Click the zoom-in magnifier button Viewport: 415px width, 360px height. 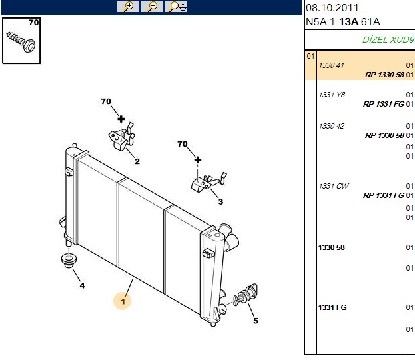click(x=128, y=7)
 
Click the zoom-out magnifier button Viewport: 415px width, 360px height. click(x=152, y=7)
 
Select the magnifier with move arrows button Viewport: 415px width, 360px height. click(x=176, y=7)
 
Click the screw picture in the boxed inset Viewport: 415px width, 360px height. click(x=21, y=42)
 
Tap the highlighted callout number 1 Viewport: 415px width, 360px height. click(x=123, y=301)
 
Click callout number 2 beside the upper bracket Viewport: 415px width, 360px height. click(x=137, y=161)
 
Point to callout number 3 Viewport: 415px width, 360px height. click(x=220, y=201)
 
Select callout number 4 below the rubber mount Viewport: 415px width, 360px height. click(x=82, y=285)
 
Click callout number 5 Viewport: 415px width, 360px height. click(x=255, y=321)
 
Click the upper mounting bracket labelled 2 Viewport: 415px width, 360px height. click(x=121, y=137)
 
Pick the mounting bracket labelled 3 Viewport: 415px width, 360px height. click(x=208, y=183)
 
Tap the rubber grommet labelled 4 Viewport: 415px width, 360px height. click(x=69, y=261)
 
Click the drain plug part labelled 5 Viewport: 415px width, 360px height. click(x=245, y=295)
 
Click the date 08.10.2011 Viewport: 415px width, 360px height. click(x=332, y=8)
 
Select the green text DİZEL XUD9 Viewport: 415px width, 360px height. click(x=388, y=40)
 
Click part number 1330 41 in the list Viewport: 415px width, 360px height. click(x=331, y=65)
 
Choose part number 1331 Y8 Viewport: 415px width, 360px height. click(x=332, y=95)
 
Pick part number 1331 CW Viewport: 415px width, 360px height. click(x=334, y=186)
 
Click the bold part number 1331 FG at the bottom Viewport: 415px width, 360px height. click(x=332, y=307)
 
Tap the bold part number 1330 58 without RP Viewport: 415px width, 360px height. click(x=331, y=247)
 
